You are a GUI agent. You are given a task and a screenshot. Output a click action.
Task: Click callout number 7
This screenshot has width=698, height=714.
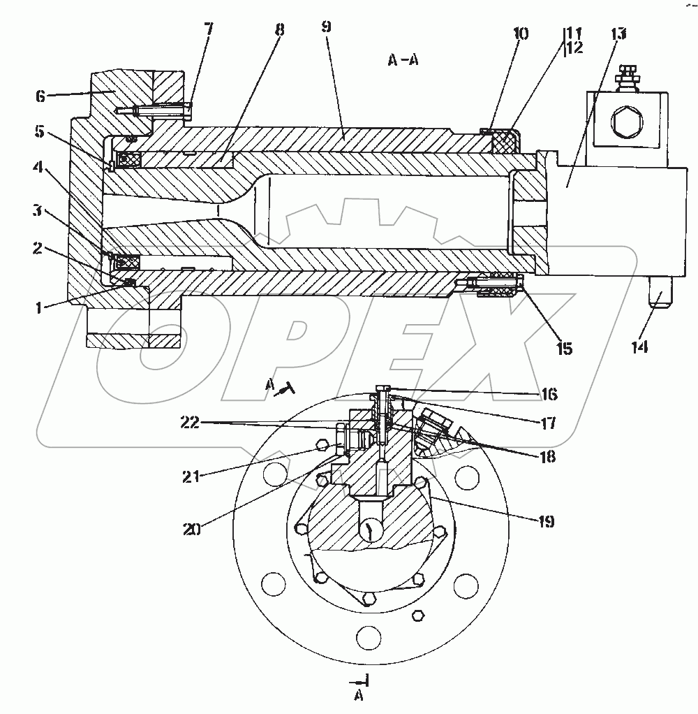[x=208, y=29]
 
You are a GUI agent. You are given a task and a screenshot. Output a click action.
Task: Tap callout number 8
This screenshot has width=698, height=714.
[x=280, y=31]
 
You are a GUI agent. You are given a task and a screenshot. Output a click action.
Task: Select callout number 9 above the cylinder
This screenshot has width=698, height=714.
[x=326, y=27]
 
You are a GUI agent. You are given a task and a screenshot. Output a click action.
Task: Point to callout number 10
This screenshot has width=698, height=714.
[x=521, y=34]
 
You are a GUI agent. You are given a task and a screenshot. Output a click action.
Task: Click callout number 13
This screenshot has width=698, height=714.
[x=618, y=34]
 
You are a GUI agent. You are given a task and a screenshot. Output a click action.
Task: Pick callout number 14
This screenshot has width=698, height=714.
[x=640, y=347]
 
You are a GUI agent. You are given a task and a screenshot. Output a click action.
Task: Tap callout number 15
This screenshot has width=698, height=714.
[x=564, y=349]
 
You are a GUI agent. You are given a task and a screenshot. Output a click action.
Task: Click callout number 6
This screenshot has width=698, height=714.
[x=40, y=96]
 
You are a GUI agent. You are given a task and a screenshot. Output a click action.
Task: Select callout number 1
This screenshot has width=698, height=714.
[x=39, y=308]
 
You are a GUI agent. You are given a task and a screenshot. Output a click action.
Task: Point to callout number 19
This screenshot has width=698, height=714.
[x=546, y=521]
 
